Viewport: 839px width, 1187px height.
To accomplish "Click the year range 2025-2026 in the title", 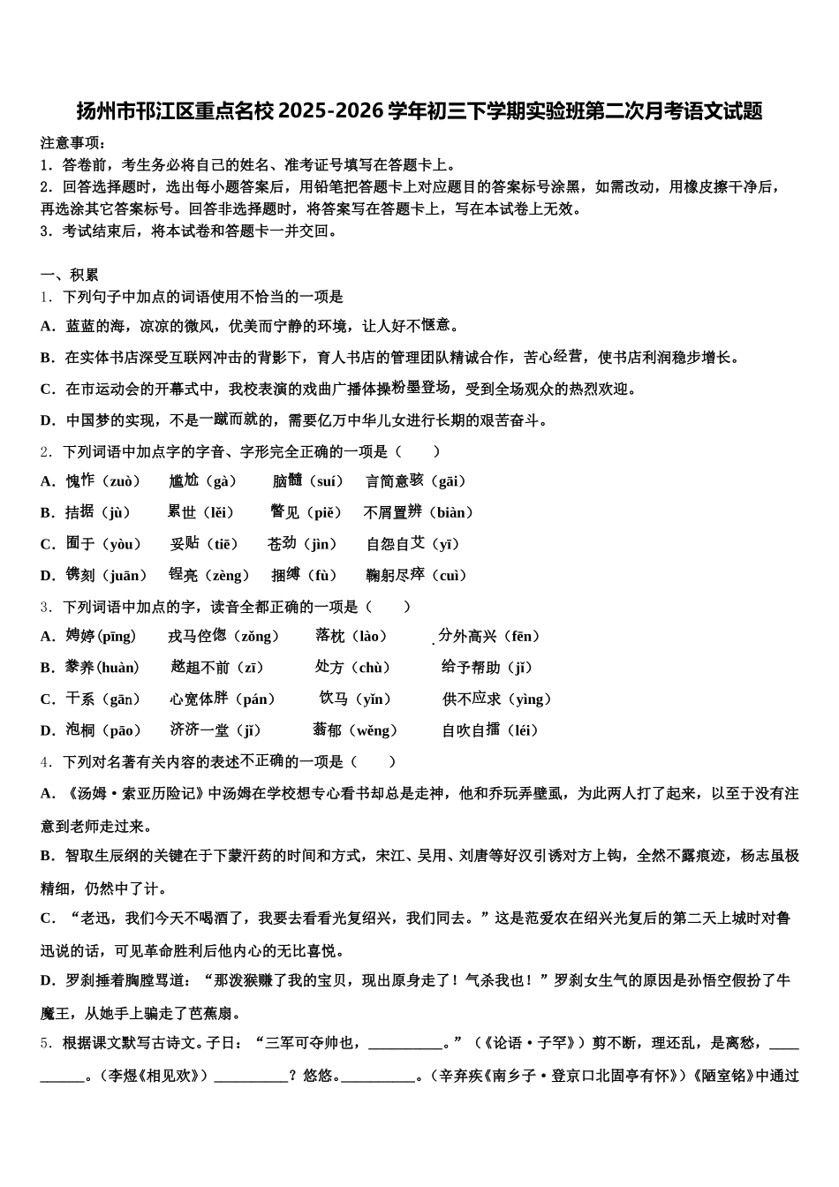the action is point(332,112).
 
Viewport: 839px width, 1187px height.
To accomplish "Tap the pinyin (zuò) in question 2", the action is point(121,481).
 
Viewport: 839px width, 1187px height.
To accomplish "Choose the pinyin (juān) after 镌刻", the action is point(125,576).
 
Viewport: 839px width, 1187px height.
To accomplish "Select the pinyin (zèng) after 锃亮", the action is point(228,576).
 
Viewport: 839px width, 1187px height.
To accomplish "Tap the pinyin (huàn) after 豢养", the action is point(117,668).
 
